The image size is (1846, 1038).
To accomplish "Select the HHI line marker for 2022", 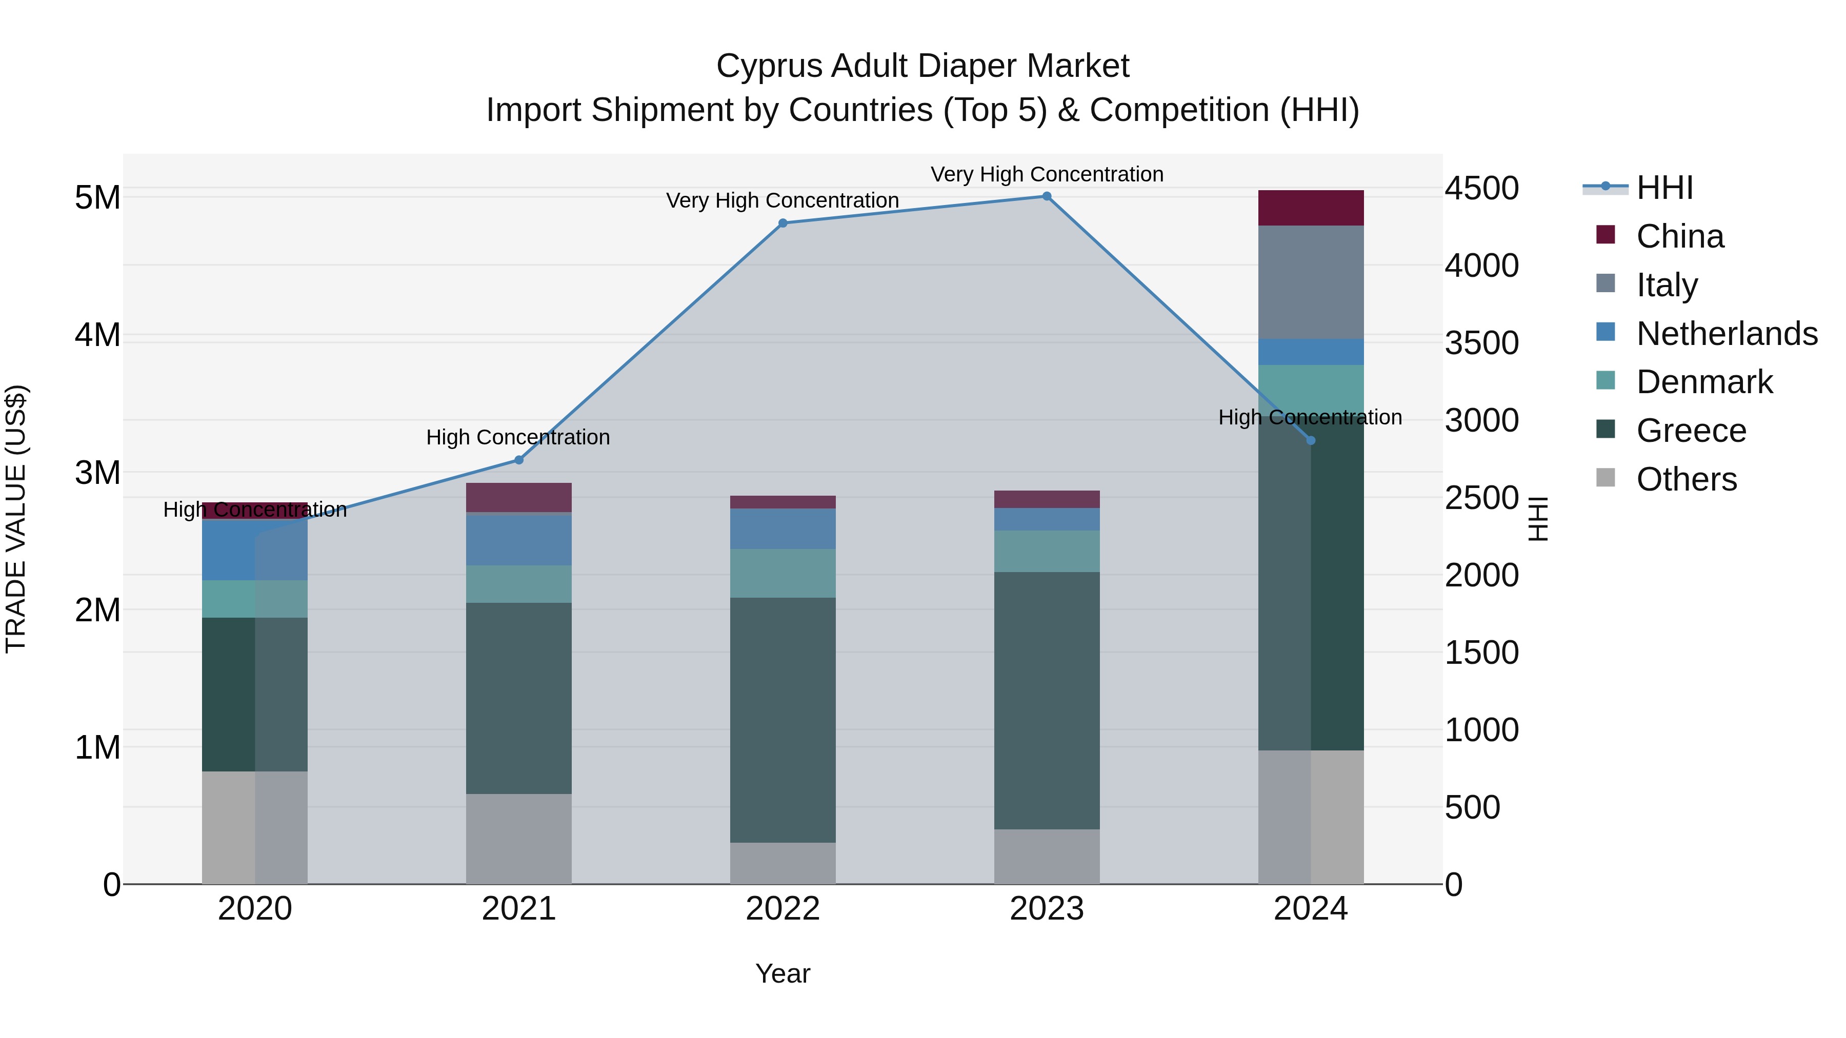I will pos(782,223).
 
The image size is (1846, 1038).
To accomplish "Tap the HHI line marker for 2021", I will pos(519,460).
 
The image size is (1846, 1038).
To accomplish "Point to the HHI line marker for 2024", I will pos(1311,440).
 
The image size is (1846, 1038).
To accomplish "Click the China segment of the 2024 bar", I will pos(1311,209).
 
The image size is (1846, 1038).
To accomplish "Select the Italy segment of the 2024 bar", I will pos(1311,282).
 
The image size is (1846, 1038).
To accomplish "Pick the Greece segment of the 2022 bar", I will pos(782,720).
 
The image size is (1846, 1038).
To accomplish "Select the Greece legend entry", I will pos(1691,431).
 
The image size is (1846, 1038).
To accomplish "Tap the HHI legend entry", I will pos(1664,188).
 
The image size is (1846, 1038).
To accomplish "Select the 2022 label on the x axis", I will pos(782,909).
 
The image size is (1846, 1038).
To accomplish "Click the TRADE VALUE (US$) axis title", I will pos(16,519).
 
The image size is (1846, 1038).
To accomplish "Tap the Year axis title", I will pos(782,973).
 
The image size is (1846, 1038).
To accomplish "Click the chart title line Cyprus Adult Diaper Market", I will pos(922,66).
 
